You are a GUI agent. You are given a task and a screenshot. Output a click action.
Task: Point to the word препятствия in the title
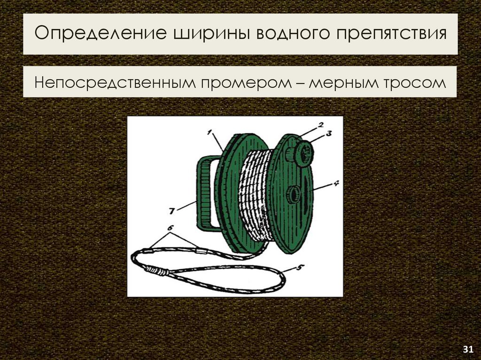click(x=392, y=34)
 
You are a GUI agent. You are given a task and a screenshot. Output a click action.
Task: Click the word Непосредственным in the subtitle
click(x=115, y=82)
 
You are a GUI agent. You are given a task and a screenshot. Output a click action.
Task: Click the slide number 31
click(x=468, y=349)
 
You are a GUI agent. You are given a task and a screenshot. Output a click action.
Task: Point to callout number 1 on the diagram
click(x=210, y=132)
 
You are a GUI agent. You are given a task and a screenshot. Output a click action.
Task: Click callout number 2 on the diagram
click(x=320, y=124)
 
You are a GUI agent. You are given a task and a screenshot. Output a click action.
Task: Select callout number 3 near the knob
click(x=329, y=133)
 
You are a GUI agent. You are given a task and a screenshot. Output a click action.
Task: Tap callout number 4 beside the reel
click(x=336, y=184)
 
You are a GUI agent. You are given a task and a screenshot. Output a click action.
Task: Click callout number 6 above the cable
click(x=171, y=228)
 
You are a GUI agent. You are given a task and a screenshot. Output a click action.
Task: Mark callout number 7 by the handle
click(x=172, y=211)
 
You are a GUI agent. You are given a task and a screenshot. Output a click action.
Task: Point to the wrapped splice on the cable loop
click(x=156, y=270)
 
